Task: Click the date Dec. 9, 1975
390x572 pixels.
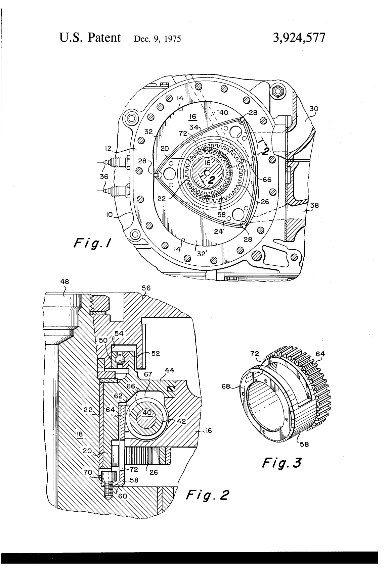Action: point(157,39)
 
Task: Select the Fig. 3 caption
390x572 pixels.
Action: point(281,463)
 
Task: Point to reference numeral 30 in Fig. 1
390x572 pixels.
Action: point(314,109)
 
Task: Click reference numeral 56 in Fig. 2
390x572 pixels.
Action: point(146,288)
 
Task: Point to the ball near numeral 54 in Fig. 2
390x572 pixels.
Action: point(120,359)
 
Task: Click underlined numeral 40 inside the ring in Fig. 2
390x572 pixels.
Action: point(147,413)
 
